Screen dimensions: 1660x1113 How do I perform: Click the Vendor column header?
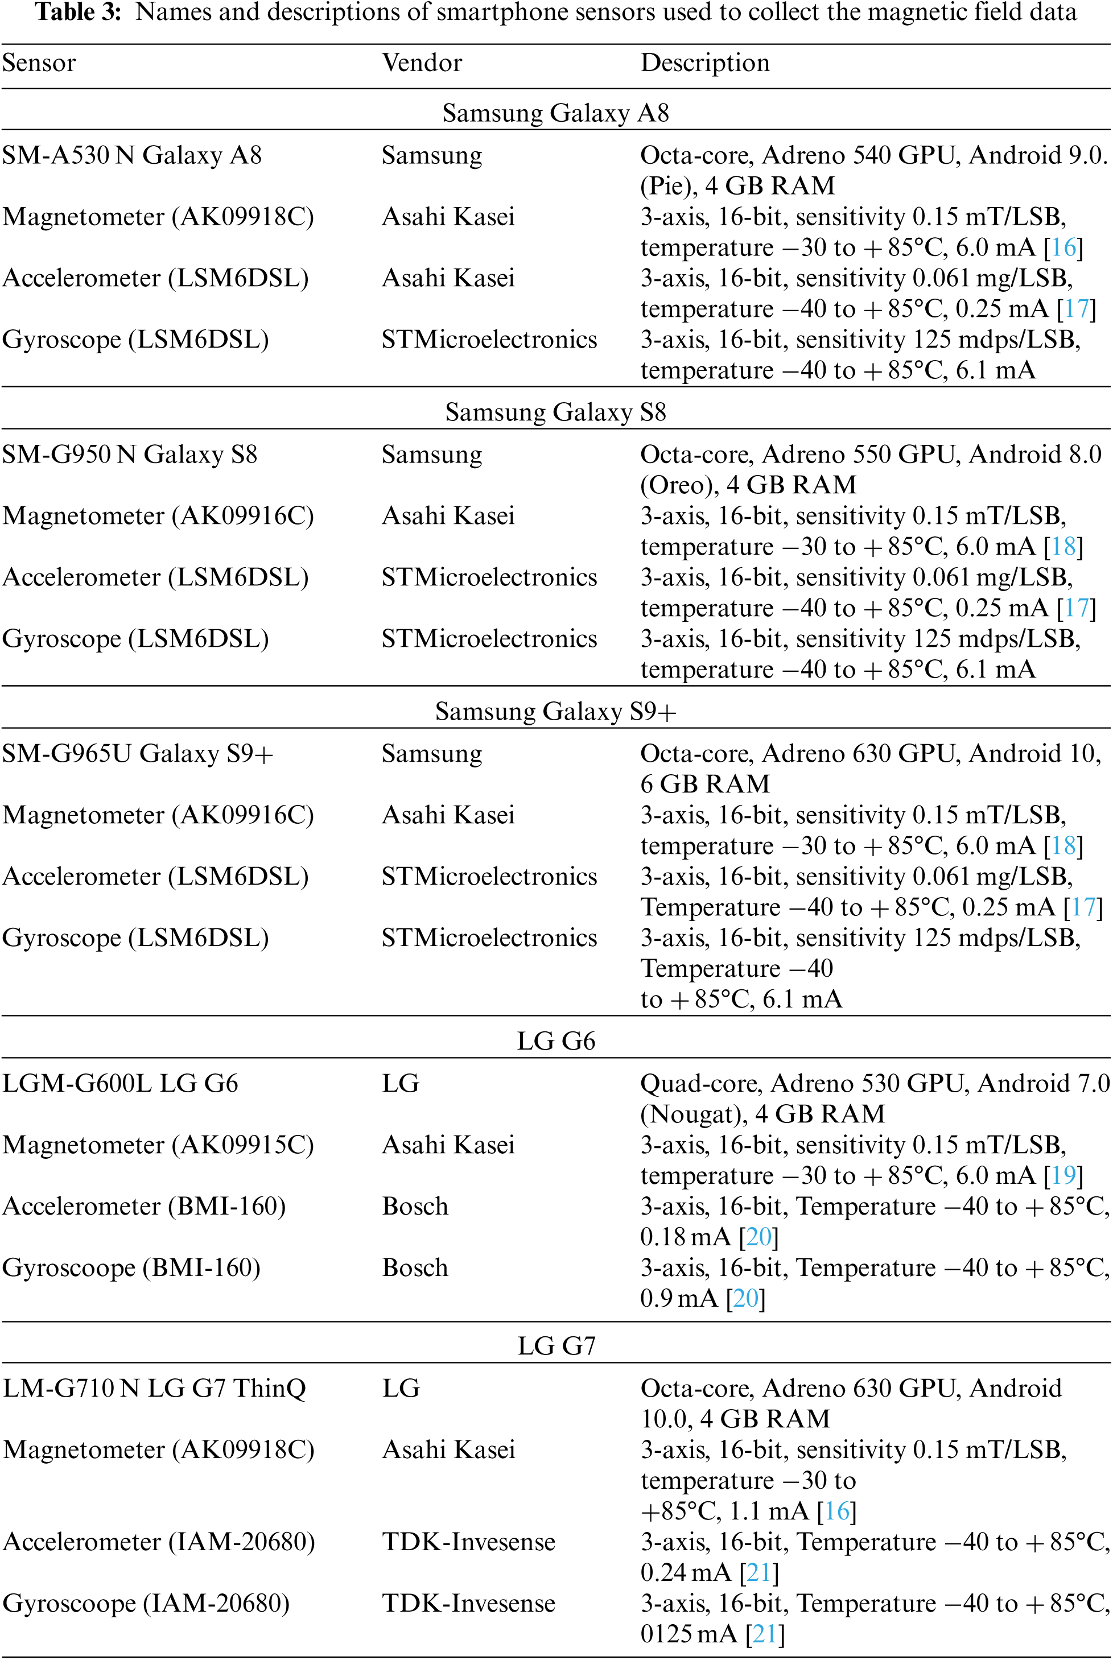coord(422,63)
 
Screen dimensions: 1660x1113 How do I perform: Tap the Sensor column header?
coord(39,63)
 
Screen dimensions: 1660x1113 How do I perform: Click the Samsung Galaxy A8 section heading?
coord(555,113)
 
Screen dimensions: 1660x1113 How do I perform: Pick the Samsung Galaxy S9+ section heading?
coord(555,711)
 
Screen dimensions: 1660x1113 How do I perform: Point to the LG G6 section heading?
coord(556,1041)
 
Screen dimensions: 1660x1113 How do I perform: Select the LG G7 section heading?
coord(556,1345)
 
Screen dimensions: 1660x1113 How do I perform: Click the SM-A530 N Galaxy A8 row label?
coord(132,155)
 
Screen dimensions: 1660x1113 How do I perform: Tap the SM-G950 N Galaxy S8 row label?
coord(130,454)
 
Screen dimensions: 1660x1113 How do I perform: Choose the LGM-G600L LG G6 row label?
coord(121,1084)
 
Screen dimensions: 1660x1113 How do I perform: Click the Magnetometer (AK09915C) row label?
coord(158,1145)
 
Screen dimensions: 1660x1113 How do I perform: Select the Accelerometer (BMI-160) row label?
coord(144,1207)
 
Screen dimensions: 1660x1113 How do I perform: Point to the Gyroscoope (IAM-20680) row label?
coord(146,1603)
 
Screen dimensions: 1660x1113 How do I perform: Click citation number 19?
coord(1062,1175)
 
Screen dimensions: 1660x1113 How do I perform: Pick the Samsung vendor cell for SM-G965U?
coord(431,754)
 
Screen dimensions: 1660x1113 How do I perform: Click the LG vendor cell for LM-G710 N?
coord(401,1388)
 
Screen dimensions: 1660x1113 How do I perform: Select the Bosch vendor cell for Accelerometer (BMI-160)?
coord(415,1207)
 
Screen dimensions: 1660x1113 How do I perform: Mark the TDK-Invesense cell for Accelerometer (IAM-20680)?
coord(468,1542)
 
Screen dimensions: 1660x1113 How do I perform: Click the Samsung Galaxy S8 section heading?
coord(555,412)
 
